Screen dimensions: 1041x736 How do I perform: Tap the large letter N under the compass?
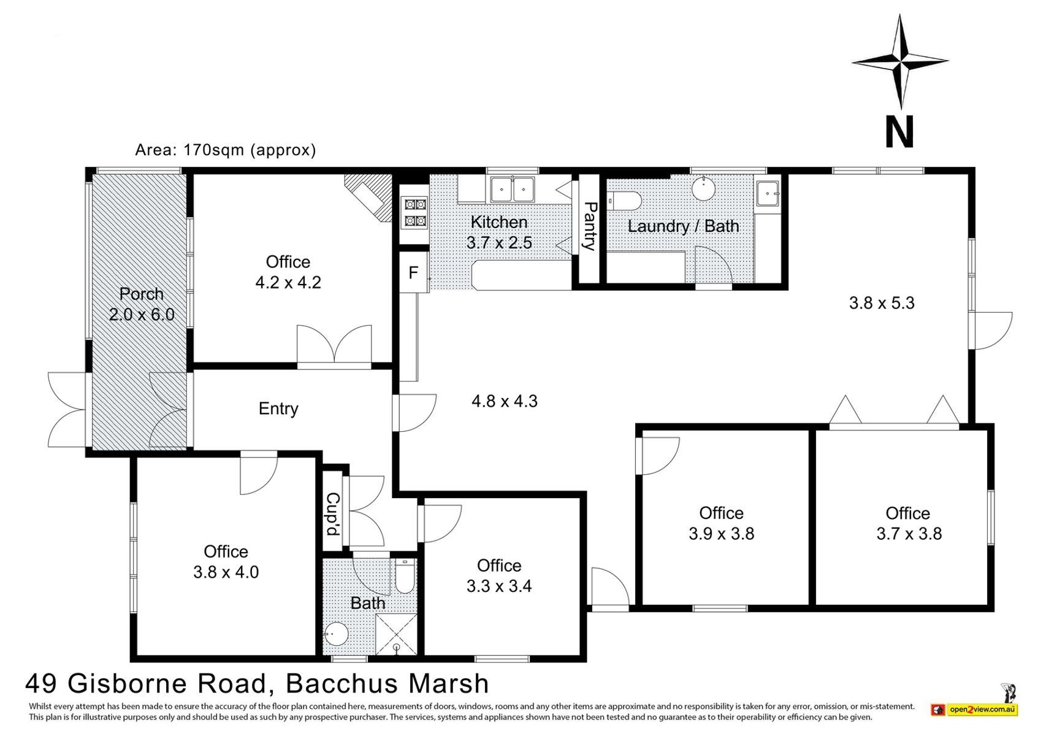tap(899, 132)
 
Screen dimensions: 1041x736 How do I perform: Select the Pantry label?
tap(589, 226)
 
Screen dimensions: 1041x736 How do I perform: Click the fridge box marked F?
tap(413, 272)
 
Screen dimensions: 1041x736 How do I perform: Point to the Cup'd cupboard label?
tap(332, 514)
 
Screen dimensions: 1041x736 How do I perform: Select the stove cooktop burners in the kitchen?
tap(415, 212)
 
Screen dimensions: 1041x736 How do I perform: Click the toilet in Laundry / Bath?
tap(624, 201)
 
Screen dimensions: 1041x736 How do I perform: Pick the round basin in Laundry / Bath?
tap(704, 188)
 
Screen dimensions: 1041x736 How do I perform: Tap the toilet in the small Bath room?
tap(404, 577)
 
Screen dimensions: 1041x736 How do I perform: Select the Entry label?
tap(278, 408)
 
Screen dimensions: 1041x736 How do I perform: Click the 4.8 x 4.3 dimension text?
tap(505, 401)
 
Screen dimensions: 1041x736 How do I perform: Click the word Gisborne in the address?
tap(167, 683)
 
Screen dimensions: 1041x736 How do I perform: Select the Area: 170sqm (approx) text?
tap(226, 150)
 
